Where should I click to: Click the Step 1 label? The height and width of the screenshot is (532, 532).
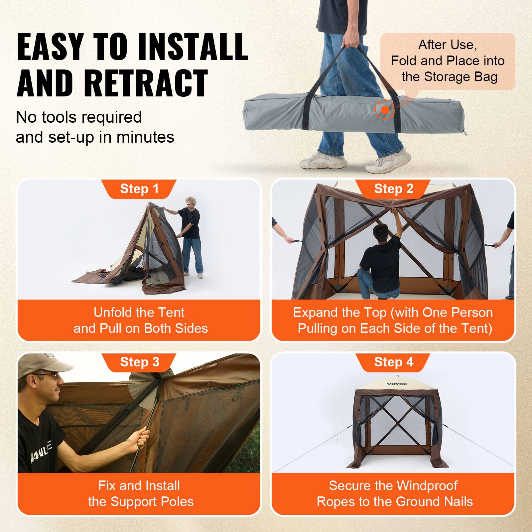coord(139,189)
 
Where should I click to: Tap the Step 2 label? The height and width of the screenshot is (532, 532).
coord(394,189)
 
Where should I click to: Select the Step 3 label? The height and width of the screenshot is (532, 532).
coord(139,362)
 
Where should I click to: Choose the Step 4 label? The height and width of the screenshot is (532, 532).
coord(394,362)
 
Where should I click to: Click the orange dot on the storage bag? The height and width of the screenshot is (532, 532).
coord(385,110)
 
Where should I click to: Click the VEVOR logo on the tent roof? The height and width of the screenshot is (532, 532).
coord(397,384)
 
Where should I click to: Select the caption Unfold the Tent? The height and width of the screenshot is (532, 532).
coord(139,313)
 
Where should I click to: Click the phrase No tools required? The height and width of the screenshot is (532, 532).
coord(79,117)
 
